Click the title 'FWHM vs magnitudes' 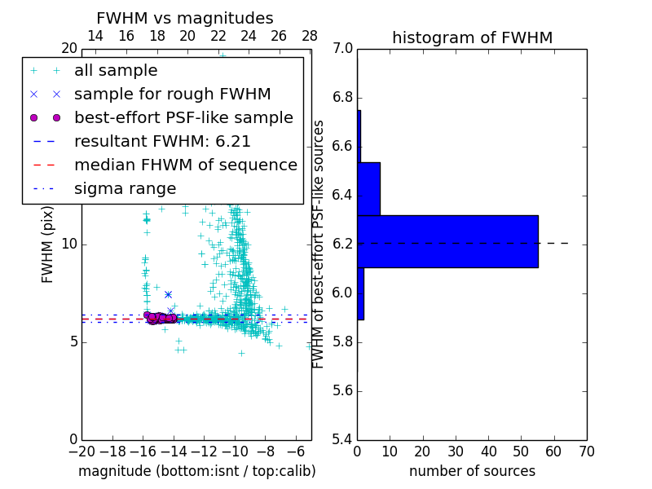[185, 18]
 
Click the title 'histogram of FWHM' [472, 37]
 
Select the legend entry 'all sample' [116, 71]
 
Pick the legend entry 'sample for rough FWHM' [172, 94]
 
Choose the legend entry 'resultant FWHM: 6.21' [162, 141]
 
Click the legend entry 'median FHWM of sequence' [185, 165]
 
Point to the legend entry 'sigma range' [125, 188]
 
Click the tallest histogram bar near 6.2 [447, 241]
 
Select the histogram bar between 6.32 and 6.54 [368, 188]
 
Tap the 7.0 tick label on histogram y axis [344, 49]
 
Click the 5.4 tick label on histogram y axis [344, 439]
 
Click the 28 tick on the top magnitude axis [310, 36]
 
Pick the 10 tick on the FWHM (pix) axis [69, 244]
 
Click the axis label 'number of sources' [472, 471]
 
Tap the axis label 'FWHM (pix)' [48, 245]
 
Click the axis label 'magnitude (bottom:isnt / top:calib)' [196, 471]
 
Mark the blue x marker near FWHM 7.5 [168, 294]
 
